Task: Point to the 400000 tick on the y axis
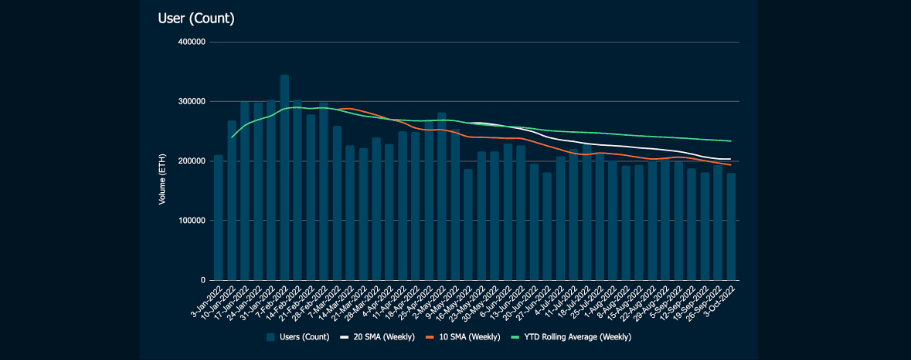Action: click(x=190, y=42)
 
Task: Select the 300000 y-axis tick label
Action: click(x=190, y=102)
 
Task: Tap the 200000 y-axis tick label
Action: click(x=190, y=161)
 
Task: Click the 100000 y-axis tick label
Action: click(x=190, y=221)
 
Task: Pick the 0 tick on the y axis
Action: click(x=202, y=280)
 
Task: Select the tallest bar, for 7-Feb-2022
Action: click(x=284, y=178)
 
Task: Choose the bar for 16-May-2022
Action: click(x=468, y=225)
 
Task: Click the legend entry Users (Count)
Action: click(x=300, y=338)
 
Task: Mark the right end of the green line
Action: click(x=731, y=141)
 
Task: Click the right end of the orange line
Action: click(x=731, y=165)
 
